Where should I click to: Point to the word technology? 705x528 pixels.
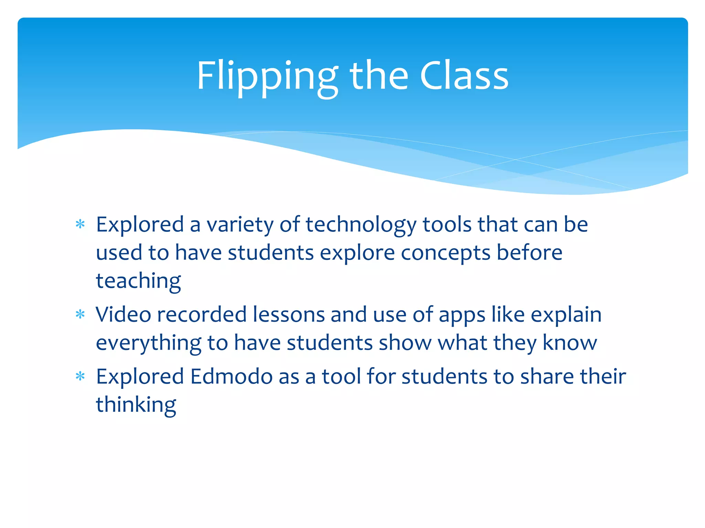361,225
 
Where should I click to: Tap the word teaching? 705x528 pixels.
138,281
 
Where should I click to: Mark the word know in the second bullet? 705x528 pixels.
570,343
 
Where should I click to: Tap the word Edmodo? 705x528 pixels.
231,376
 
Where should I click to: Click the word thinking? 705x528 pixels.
136,405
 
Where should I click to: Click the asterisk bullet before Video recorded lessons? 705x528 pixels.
80,315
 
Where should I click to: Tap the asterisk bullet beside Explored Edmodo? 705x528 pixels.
80,376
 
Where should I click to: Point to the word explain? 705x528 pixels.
566,315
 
